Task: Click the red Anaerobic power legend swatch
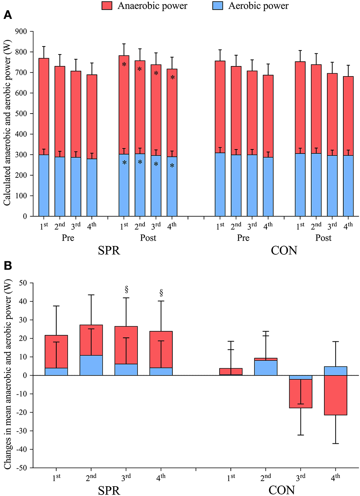pos(107,6)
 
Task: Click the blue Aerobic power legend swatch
pos(217,6)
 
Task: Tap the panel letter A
pos(8,15)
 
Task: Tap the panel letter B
pos(8,266)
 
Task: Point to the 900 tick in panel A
pos(21,32)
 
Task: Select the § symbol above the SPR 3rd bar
pos(126,290)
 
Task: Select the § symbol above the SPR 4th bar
pos(161,293)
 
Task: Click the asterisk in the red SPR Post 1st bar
pos(124,65)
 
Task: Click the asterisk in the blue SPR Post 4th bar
pos(172,166)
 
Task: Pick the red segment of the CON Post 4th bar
pos(348,116)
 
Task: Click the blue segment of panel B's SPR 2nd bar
pos(91,365)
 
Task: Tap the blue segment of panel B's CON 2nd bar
pos(266,368)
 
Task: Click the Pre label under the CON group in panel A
pos(243,238)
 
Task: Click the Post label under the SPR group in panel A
pos(148,238)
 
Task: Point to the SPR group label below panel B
pos(109,490)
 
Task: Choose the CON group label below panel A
pos(284,250)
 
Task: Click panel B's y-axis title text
pos(8,374)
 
